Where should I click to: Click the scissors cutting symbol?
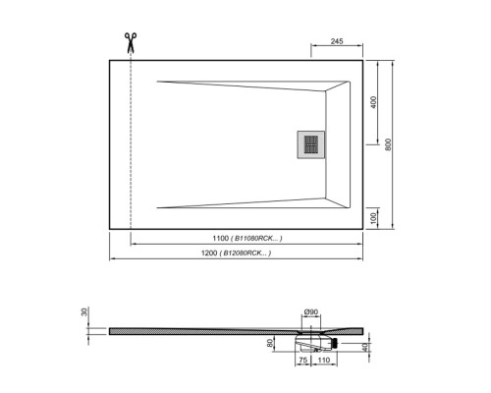pos(129,42)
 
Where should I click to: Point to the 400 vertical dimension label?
pos(373,102)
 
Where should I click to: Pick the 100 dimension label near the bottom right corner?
pos(374,216)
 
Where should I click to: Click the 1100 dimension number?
pos(219,239)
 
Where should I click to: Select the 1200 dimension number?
pos(203,253)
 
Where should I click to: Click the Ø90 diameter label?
pos(308,312)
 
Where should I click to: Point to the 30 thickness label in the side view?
pos(85,311)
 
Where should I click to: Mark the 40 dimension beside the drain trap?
pos(366,347)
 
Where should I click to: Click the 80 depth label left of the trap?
pos(270,343)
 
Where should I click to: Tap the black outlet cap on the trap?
pos(336,343)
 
